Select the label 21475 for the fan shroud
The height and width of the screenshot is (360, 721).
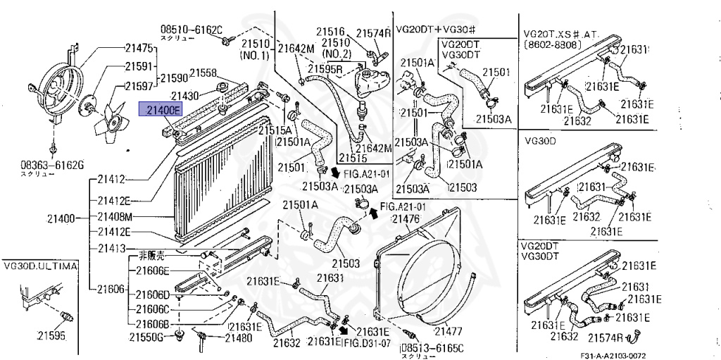(x=139, y=47)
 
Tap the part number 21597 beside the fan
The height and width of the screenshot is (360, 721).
(x=139, y=86)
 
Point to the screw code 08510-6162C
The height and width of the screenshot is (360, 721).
(x=192, y=30)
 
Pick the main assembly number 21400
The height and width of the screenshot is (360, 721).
(x=61, y=218)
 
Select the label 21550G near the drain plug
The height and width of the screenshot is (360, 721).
(x=146, y=338)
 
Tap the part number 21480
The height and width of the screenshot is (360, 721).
(x=239, y=338)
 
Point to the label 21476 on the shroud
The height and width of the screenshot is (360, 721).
(x=405, y=219)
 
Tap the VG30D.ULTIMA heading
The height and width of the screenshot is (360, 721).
(x=41, y=266)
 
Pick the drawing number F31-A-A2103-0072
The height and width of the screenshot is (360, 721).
(x=613, y=355)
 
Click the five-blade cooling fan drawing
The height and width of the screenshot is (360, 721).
(x=108, y=122)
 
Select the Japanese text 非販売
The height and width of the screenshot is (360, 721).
(x=151, y=256)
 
